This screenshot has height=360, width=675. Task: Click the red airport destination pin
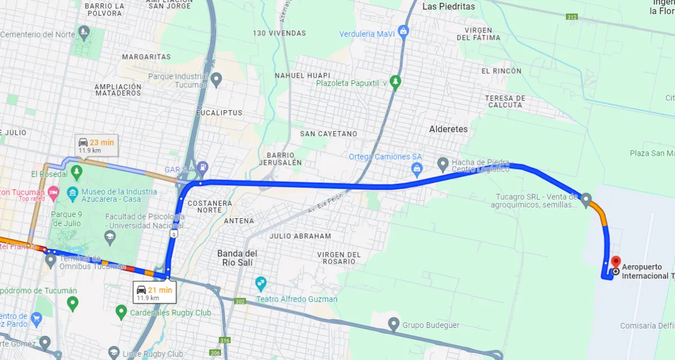click(615, 262)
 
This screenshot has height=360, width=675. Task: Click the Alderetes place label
click(448, 129)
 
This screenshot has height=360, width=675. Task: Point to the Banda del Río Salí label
click(237, 258)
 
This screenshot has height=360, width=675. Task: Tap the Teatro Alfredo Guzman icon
click(260, 282)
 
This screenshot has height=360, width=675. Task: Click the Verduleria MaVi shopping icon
click(403, 31)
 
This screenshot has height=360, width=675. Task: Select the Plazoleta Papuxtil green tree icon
click(396, 82)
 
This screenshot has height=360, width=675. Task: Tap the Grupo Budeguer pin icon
click(394, 324)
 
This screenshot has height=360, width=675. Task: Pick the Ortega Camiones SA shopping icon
click(417, 168)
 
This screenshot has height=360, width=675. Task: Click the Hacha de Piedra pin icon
click(443, 164)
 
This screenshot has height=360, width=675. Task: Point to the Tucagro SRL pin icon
click(586, 199)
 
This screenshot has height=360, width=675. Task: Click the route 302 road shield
click(241, 301)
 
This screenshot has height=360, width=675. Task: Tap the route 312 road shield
click(572, 17)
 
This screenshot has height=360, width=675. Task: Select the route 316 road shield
click(225, 340)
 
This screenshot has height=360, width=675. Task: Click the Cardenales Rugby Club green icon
click(121, 311)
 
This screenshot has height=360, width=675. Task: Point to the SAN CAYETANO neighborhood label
click(328, 134)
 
